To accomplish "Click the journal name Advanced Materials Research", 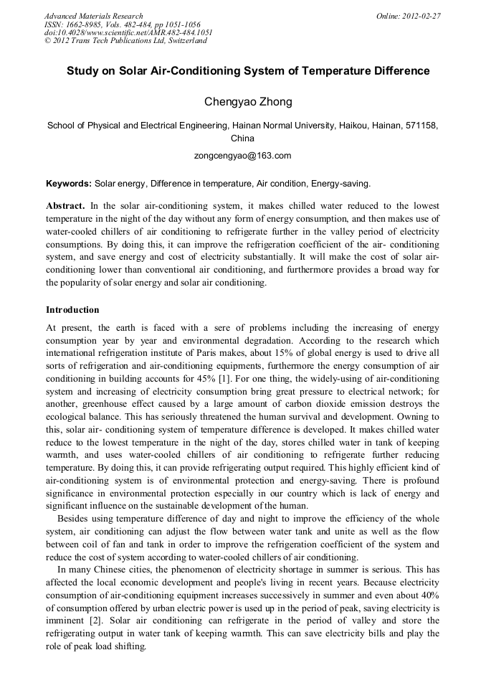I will point(93,16).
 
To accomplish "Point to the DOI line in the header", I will point(128,32).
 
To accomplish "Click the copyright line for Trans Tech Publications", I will point(125,41).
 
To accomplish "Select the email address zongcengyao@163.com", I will point(242,155).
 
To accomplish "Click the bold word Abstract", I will point(65,205).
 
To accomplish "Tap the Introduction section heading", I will point(72,310).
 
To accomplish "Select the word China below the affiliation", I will point(242,138).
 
